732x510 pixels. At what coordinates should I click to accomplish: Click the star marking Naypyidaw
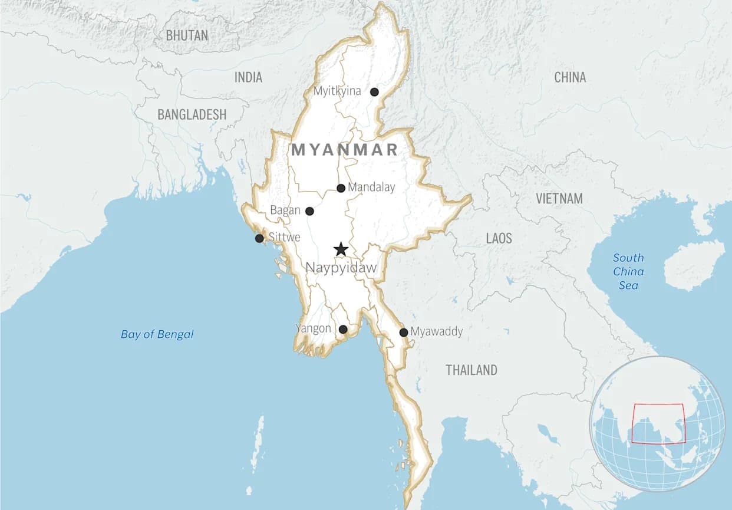(x=341, y=249)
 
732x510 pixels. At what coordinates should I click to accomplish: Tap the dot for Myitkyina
(x=374, y=91)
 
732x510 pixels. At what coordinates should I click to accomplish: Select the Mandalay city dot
(x=341, y=188)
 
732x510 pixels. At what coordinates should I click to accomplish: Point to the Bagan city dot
(x=309, y=211)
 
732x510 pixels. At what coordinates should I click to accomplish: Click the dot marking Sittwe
(x=259, y=238)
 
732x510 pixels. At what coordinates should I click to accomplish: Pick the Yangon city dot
(x=343, y=329)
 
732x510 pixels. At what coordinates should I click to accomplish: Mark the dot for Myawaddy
(x=404, y=333)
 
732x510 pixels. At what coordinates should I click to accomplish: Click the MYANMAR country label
(x=345, y=150)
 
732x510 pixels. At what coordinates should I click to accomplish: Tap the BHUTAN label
(x=187, y=35)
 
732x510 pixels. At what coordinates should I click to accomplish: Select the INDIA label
(x=248, y=77)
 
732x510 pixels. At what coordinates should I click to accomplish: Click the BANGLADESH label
(x=192, y=114)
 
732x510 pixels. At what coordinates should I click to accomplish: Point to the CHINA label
(x=570, y=77)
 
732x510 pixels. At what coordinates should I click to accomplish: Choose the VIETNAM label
(x=559, y=199)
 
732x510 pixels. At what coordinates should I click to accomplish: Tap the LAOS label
(x=499, y=238)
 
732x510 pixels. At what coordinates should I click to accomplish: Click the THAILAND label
(x=471, y=370)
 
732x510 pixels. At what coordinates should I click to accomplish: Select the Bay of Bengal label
(x=157, y=334)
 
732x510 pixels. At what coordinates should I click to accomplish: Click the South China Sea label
(x=628, y=271)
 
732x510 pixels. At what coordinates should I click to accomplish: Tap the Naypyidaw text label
(x=341, y=268)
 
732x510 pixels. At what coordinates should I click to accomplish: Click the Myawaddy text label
(x=436, y=331)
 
